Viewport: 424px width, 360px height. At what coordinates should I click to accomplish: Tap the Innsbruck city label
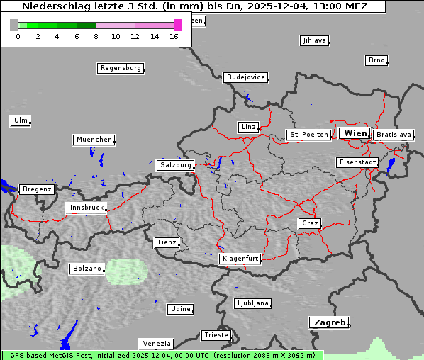coord(87,208)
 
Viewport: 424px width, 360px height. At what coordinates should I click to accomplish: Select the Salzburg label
coord(175,165)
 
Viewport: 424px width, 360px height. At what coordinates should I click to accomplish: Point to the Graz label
coord(309,223)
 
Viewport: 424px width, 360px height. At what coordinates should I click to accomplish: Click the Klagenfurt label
coord(240,259)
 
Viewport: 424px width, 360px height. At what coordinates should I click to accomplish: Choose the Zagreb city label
coord(328,322)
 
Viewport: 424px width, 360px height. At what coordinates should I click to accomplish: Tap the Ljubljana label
coord(252,303)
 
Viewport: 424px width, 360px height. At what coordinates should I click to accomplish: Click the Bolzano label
coord(87,269)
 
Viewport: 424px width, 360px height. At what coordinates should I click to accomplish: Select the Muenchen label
coord(93,140)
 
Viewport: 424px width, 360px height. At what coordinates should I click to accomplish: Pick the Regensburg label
coord(120,68)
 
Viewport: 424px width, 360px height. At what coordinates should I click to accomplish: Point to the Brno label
coord(376,60)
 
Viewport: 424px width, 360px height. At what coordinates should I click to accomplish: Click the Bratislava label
coord(393,134)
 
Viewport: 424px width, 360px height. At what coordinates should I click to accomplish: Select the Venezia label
coord(155,343)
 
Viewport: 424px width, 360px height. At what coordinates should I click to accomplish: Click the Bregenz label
coord(37,189)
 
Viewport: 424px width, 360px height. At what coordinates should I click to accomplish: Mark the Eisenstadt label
coord(357,162)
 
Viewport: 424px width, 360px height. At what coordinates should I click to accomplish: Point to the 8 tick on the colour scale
coord(96,35)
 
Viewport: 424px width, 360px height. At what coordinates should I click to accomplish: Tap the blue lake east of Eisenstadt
coord(391,166)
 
